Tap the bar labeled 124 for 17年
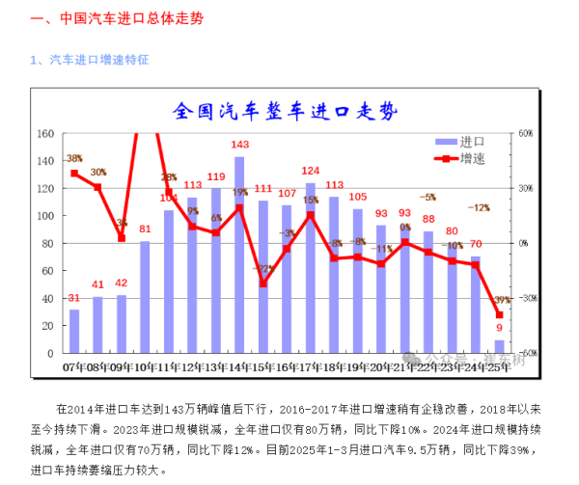(x=311, y=265)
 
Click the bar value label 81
(x=145, y=229)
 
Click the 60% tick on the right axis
(x=526, y=134)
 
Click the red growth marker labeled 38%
(x=74, y=174)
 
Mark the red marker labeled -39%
(x=500, y=314)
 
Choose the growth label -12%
(x=479, y=207)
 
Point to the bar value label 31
(x=74, y=297)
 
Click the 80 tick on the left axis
(x=47, y=244)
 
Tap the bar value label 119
(x=216, y=177)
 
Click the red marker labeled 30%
(x=97, y=187)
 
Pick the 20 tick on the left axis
(x=47, y=326)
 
